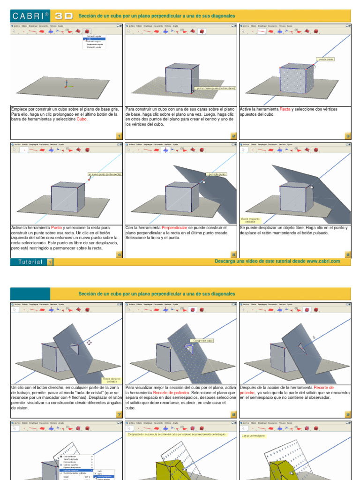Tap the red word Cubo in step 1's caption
point(82,119)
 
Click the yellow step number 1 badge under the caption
point(119,136)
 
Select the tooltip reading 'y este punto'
point(326,60)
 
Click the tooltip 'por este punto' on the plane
point(217,174)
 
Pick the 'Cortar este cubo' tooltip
point(202,340)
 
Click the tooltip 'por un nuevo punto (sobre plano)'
point(216,88)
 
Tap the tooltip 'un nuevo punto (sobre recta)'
point(105,174)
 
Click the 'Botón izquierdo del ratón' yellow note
point(250,220)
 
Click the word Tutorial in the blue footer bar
point(30,262)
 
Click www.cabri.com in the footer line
point(323,261)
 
